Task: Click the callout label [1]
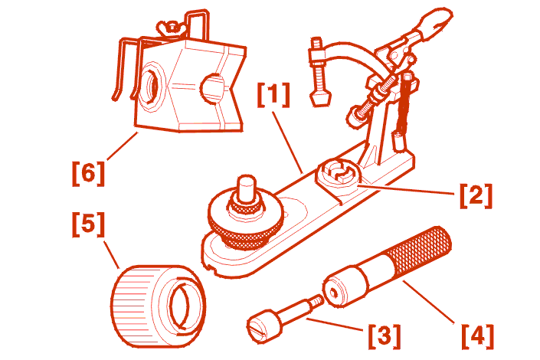point(273,95)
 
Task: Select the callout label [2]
point(476,195)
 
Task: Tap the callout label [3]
point(385,336)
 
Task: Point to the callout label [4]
point(478,336)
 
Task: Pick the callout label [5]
point(88,224)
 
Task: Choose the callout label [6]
point(88,174)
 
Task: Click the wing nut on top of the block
point(171,28)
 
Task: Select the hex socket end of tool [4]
point(334,293)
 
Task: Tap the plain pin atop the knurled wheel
point(247,188)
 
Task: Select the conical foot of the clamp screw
point(320,99)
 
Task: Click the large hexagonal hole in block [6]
point(152,86)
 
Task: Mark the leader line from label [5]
point(112,255)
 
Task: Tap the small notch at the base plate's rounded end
point(214,270)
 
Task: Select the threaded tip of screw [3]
point(316,301)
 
